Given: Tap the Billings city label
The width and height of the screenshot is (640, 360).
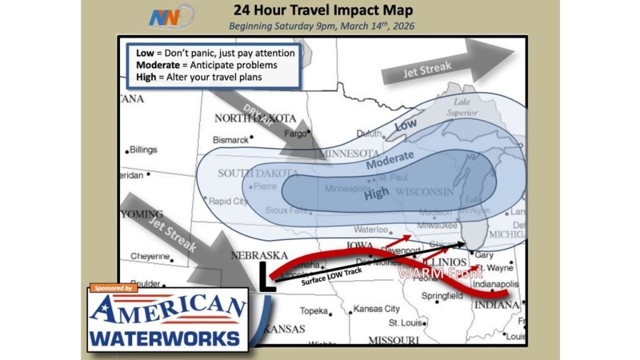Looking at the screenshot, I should tap(143, 150).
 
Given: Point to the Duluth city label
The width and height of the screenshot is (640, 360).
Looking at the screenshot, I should tap(368, 133).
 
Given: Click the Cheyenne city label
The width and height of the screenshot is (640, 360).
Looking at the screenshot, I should tap(150, 256).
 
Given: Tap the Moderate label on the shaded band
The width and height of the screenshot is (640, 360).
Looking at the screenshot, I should tap(390, 161).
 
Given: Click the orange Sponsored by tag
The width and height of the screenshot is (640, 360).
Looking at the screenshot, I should tap(114, 289).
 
